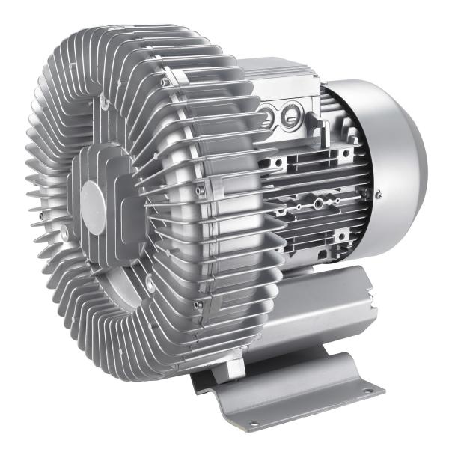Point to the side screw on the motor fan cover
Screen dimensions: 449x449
tap(380, 196)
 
